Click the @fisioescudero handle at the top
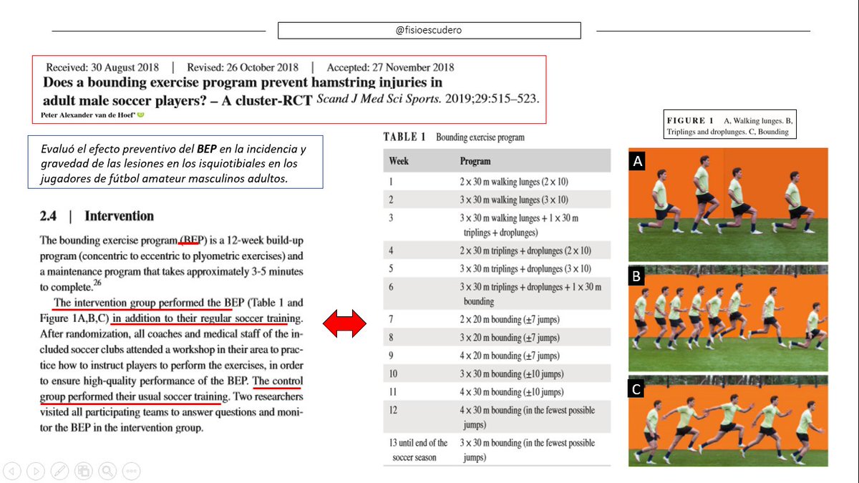click(x=429, y=31)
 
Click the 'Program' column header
click(x=475, y=161)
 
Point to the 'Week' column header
click(x=399, y=161)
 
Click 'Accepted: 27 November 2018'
click(x=390, y=68)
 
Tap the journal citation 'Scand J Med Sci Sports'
click(x=375, y=99)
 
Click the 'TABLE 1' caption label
click(x=405, y=137)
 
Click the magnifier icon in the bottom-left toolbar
click(x=107, y=470)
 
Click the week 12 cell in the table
click(x=392, y=410)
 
